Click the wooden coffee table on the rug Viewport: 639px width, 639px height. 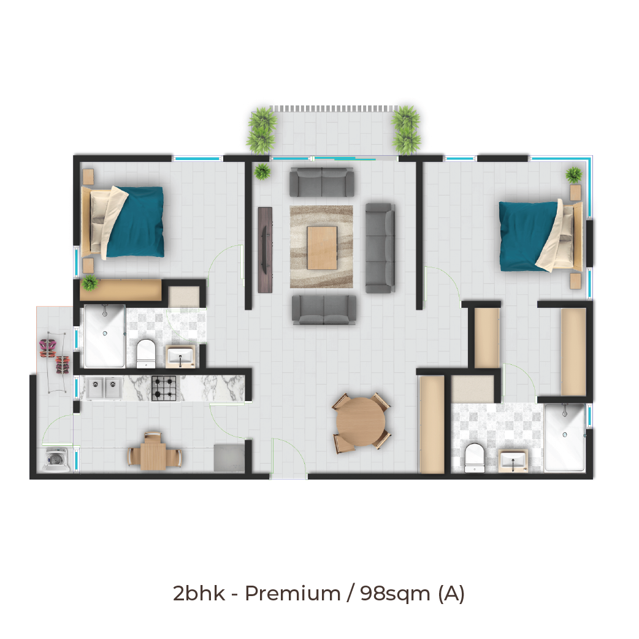322,248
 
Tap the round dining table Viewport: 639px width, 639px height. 361,422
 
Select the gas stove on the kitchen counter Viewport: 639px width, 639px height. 164,388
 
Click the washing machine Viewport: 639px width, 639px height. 56,460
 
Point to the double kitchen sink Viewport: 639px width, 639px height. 104,388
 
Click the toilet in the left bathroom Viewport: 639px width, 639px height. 146,353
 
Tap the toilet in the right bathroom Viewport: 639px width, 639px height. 475,457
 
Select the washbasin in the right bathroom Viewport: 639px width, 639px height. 513,461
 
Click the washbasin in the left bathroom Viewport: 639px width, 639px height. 180,357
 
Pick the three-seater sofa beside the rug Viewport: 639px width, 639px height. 380,248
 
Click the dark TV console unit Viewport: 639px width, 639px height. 265,250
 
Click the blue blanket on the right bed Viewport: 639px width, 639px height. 527,236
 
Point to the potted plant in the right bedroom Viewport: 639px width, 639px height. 574,175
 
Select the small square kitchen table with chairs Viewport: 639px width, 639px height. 154,453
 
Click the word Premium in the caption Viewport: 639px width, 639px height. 293,594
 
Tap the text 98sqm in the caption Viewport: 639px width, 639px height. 395,594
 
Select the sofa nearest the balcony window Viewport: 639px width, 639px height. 321,182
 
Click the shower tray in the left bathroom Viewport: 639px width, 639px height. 105,336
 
